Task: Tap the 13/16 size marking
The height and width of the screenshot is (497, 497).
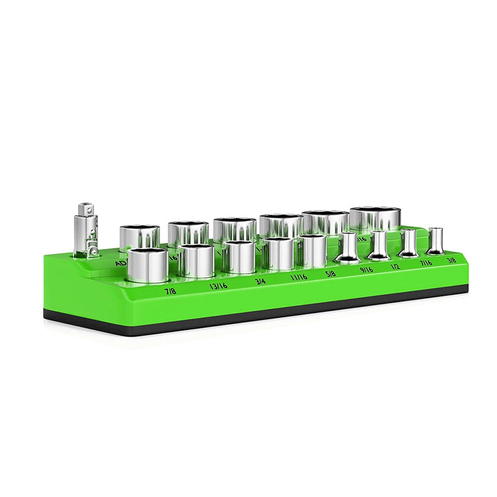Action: click(218, 286)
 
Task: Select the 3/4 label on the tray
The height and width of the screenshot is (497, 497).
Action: click(262, 281)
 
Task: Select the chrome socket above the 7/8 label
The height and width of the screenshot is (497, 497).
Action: click(148, 265)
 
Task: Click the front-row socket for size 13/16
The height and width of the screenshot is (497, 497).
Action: click(196, 261)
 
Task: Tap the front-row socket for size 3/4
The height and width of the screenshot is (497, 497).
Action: click(239, 257)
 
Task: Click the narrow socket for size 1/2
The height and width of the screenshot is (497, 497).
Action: click(379, 245)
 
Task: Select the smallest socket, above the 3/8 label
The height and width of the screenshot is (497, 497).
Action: click(435, 240)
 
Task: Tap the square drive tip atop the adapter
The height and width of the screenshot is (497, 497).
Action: click(84, 208)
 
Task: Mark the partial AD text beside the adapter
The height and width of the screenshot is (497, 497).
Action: click(120, 263)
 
